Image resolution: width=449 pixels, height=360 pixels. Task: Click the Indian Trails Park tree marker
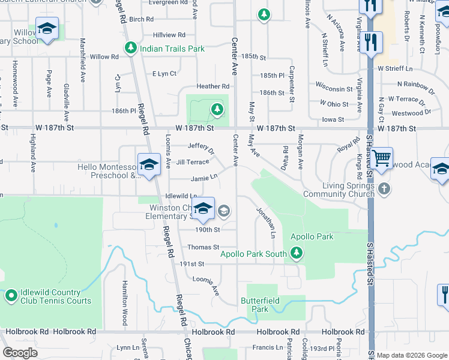coord(130,48)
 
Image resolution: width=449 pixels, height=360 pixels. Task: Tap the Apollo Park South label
coord(253,254)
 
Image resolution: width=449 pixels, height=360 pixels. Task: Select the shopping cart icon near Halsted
coord(381,158)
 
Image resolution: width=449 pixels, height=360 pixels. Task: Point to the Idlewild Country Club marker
coord(11,295)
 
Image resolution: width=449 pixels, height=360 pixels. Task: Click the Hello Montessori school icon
coord(148,164)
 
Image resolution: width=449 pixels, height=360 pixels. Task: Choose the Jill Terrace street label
coord(192,162)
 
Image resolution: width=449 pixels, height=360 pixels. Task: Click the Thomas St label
coord(203,247)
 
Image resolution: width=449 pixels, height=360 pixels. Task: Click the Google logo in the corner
coord(20,353)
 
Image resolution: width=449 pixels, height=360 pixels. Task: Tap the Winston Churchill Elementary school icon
coord(203,208)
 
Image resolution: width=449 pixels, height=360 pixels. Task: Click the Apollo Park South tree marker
coord(295,254)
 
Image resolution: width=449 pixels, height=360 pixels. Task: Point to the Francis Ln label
coord(268,347)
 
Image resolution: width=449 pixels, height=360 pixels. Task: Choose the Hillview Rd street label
coord(169,35)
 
